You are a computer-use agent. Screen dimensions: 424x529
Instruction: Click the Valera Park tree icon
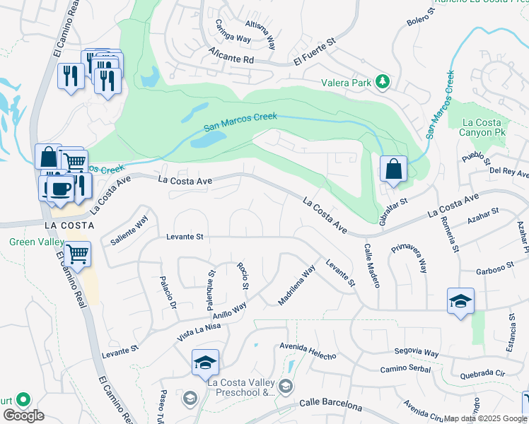383,82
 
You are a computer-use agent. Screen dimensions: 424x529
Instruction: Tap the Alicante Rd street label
231,57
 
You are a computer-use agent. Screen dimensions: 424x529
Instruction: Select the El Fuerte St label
316,56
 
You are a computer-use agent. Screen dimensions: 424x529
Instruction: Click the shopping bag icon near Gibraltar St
393,170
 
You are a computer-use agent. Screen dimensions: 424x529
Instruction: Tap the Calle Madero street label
372,266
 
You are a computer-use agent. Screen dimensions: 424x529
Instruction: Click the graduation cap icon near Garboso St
460,301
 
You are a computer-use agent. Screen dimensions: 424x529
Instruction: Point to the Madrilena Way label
296,285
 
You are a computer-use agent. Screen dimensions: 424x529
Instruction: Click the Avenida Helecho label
308,351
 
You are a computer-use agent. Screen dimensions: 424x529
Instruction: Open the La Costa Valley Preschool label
240,387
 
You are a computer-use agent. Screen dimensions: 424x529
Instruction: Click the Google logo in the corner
23,416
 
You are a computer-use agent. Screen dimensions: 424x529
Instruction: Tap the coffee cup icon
60,188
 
